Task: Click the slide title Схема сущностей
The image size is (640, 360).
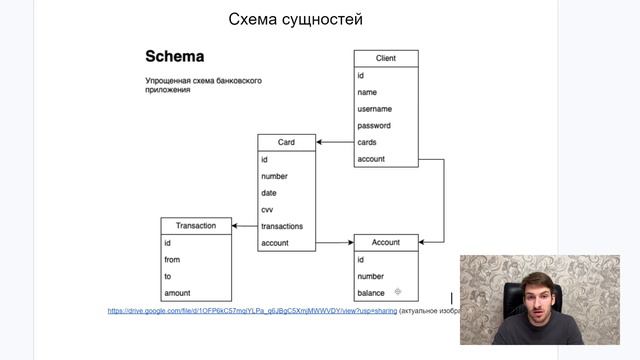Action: pos(295,19)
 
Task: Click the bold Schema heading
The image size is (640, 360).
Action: pos(175,56)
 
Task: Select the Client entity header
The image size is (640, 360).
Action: pos(386,58)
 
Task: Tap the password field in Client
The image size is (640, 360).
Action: pos(374,126)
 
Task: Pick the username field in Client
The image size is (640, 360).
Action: pos(375,109)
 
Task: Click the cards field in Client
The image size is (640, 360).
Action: pos(368,142)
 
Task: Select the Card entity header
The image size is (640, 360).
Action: pos(286,142)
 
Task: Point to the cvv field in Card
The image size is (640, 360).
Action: pos(267,210)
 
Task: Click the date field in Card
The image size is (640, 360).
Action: pos(269,193)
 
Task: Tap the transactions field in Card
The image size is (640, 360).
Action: pos(282,226)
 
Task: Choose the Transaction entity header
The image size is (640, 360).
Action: pos(196,226)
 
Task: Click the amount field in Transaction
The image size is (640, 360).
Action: pos(177,293)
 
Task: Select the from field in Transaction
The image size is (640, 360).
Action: pos(172,260)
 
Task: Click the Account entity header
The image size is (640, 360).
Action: pos(385,243)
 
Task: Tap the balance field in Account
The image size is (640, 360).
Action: pos(371,293)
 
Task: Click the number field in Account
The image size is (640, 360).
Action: pos(371,276)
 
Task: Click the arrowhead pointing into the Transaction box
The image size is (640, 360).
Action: pos(236,226)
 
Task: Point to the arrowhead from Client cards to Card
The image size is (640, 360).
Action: pos(320,142)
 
